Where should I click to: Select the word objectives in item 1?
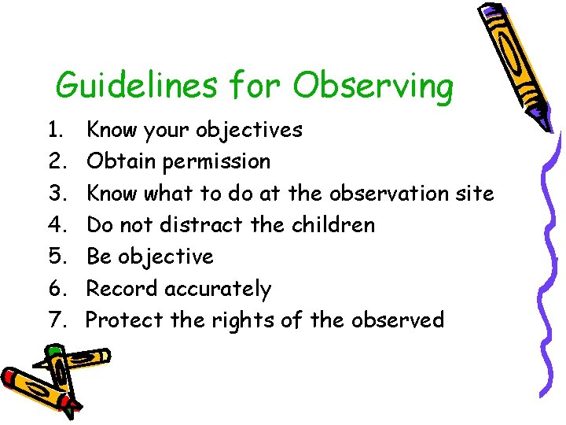click(x=249, y=130)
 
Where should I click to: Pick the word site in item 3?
click(x=474, y=193)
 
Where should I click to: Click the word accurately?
click(x=219, y=290)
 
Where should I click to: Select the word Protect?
click(x=123, y=320)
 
